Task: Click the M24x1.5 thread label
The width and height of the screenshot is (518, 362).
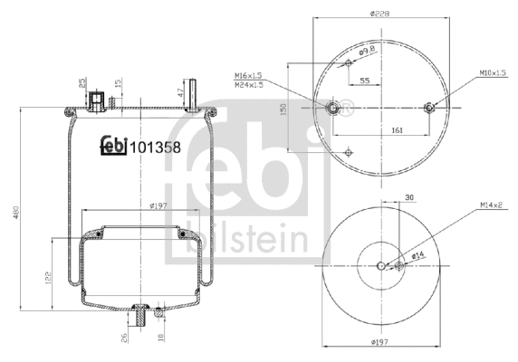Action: (251, 84)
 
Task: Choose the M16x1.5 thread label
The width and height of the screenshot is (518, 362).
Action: (251, 75)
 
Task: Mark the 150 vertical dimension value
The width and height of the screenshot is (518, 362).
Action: (283, 109)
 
